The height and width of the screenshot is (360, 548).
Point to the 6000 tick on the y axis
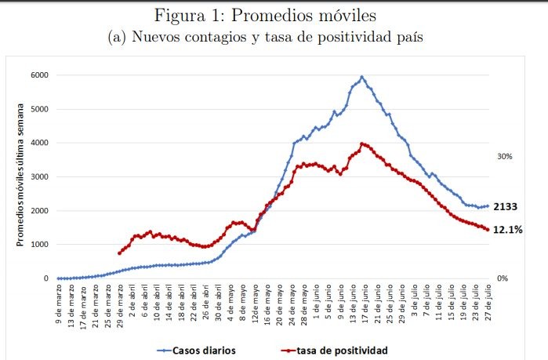click(x=39, y=75)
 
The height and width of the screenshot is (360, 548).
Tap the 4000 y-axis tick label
click(x=39, y=143)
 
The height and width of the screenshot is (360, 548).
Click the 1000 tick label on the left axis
click(x=39, y=245)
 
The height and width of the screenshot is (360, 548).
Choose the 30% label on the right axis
click(x=506, y=157)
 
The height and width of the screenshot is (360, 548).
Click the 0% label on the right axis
click(x=503, y=278)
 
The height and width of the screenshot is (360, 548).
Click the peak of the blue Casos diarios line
click(x=361, y=77)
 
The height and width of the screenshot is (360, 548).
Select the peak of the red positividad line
click(x=361, y=144)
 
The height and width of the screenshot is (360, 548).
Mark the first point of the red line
click(x=119, y=253)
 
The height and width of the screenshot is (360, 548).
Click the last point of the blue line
click(x=487, y=206)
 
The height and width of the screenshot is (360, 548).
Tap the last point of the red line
click(x=487, y=230)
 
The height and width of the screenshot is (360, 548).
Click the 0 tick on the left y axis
click(x=45, y=278)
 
